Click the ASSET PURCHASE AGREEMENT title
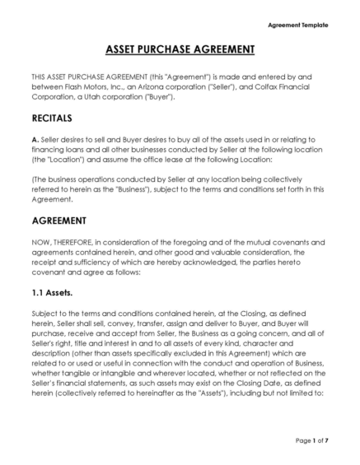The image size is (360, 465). point(180,50)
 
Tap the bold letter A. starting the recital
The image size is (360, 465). point(35,139)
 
